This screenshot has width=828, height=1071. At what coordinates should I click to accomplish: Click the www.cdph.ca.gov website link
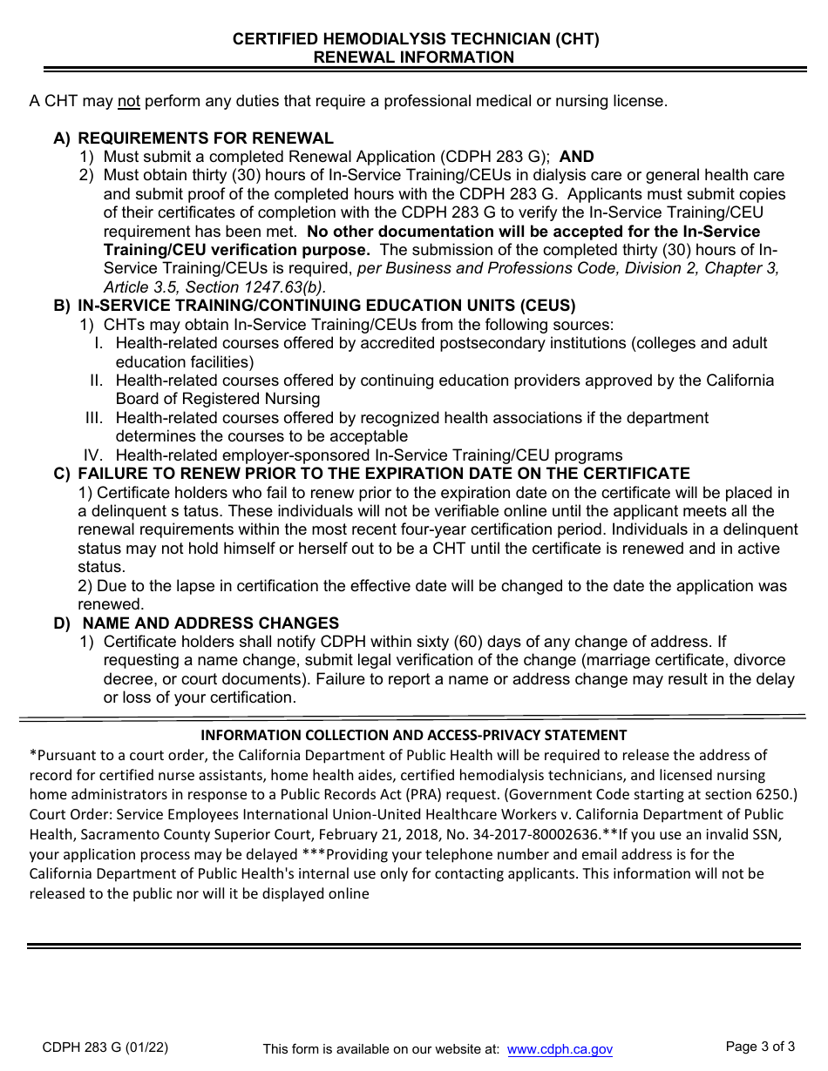pyautogui.click(x=560, y=1050)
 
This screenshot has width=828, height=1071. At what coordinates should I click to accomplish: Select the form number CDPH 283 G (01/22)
pyautogui.click(x=105, y=1048)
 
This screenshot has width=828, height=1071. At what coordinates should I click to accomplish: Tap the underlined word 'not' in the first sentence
pyautogui.click(x=129, y=101)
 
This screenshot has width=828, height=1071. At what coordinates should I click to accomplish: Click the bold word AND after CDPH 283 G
pyautogui.click(x=576, y=157)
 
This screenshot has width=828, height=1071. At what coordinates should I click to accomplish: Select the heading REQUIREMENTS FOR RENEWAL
pyautogui.click(x=206, y=138)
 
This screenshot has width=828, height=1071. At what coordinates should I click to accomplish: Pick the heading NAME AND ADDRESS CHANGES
pyautogui.click(x=210, y=623)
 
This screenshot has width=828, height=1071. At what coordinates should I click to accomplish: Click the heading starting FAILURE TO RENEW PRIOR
pyautogui.click(x=383, y=474)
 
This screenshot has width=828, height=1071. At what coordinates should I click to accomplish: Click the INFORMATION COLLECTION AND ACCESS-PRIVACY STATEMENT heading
pyautogui.click(x=414, y=735)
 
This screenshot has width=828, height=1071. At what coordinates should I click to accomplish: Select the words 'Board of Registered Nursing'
pyautogui.click(x=218, y=399)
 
